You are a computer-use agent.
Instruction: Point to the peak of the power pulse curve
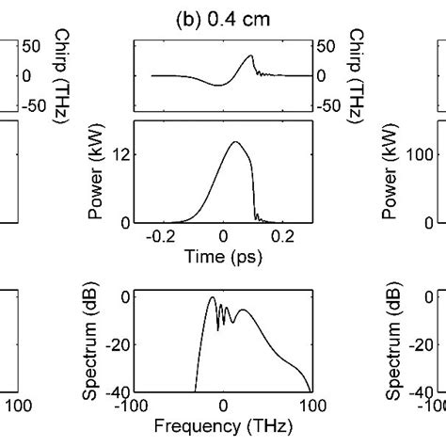(x=234, y=142)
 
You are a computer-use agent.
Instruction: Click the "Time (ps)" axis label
(x=222, y=254)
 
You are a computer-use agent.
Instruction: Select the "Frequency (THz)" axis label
(x=223, y=424)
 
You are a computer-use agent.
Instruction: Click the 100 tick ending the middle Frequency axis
(x=311, y=406)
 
